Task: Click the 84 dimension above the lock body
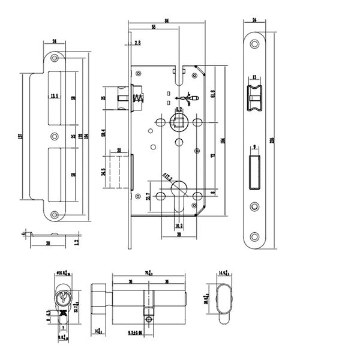pyautogui.click(x=166, y=22)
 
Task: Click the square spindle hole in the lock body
pyautogui.click(x=179, y=122)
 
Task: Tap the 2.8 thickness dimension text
pyautogui.click(x=138, y=43)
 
